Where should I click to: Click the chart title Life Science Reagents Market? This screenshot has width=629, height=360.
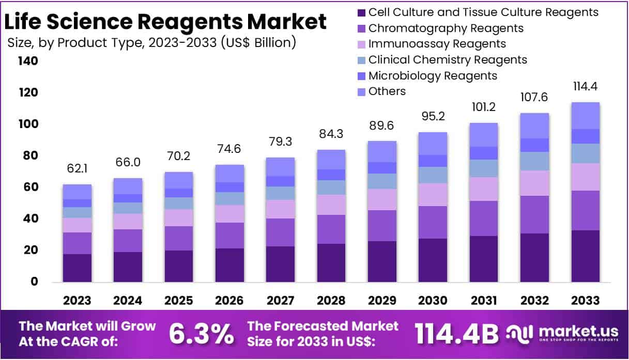[165, 22]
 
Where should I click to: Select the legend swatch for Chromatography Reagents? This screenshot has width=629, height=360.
[360, 28]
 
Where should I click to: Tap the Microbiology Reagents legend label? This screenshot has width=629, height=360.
[433, 76]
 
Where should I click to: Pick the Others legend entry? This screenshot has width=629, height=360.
[387, 91]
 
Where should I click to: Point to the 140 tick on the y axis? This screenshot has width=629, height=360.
[28, 61]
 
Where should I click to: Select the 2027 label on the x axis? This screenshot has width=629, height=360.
[281, 301]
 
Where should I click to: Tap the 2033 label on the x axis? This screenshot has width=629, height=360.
[585, 301]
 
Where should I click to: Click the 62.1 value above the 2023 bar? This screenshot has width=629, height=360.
[78, 169]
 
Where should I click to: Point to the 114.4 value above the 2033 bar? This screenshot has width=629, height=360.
[585, 86]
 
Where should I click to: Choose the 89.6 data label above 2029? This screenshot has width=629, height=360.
[382, 126]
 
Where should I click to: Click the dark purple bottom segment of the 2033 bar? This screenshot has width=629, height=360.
[585, 256]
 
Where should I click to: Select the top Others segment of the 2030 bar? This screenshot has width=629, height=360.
[433, 143]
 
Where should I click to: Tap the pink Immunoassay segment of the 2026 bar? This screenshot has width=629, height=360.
[230, 214]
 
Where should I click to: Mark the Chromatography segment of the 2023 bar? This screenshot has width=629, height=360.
[78, 243]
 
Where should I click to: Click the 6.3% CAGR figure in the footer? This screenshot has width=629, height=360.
[202, 334]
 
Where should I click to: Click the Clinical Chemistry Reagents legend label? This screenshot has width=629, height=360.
[448, 60]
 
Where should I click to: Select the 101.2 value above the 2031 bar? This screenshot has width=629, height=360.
[483, 108]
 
